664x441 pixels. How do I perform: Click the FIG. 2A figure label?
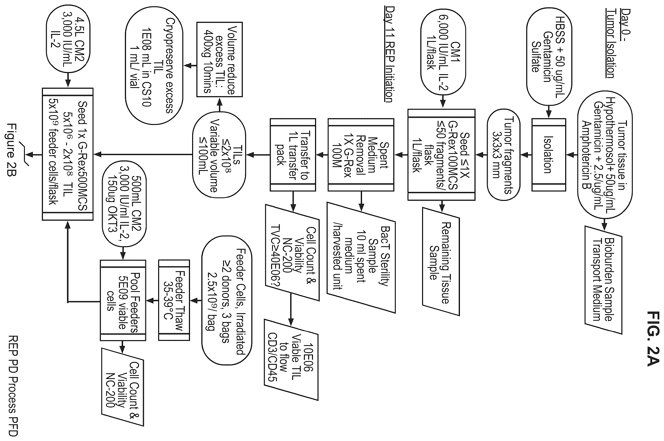653,338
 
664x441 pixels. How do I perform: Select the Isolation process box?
548,155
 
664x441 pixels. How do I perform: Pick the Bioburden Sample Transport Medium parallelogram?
603,280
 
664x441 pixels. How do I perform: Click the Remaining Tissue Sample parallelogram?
441,262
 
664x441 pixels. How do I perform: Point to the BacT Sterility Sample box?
361,257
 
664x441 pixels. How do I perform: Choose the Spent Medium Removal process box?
361,155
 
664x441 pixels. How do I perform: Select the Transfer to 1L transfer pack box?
293,155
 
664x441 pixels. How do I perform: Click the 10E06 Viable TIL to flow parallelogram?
291,360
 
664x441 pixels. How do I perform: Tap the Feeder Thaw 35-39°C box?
174,300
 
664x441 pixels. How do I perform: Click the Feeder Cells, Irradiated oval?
227,300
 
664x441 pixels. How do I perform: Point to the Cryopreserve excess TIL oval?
154,66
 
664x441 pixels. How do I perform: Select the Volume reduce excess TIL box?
219,59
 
